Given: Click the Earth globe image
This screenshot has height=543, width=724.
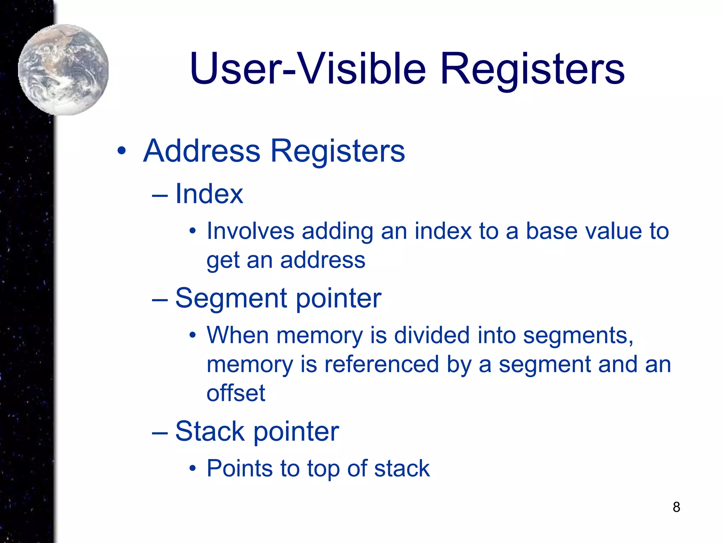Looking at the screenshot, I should pos(63,70).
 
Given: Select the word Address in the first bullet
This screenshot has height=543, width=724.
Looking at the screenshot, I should pos(202,151).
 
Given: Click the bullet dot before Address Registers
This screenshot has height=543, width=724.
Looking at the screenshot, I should pos(121,151).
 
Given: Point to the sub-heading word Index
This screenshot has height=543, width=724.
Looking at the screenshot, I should pos(209,194).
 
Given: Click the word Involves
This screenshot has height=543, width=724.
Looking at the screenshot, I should pos(250,232).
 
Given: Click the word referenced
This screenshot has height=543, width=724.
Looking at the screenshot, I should pos(381,364).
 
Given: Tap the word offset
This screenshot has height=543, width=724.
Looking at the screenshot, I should pos(236,393).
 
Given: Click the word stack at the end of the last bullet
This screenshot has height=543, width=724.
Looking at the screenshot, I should pos(402,468).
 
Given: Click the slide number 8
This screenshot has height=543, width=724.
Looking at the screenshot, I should pos(676,507).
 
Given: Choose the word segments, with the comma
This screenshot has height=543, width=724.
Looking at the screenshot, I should pos(578,336).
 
